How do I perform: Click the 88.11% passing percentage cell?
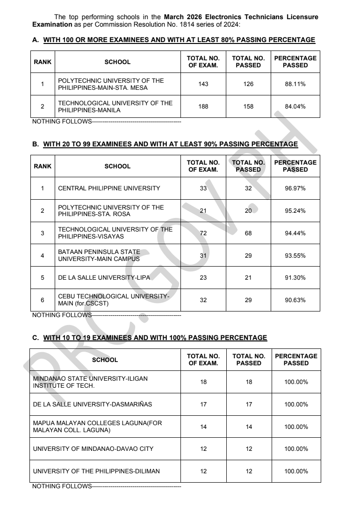point(295,84)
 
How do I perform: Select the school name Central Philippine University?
point(109,188)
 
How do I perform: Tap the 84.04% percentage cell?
point(295,107)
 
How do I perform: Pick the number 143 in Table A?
point(203,84)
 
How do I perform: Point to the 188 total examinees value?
point(203,107)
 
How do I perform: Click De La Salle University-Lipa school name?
point(104,278)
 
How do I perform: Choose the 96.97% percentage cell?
point(295,188)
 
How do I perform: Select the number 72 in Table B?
point(203,233)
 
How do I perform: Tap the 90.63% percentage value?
point(295,300)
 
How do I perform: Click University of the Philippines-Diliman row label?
point(96,471)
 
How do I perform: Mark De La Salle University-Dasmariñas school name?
point(93,405)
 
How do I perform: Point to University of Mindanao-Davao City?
point(93,449)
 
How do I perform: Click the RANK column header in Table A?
point(43,62)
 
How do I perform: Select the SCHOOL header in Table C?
point(105,360)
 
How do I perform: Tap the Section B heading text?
point(170,145)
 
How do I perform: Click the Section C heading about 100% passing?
point(155,338)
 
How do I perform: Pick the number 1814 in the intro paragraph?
point(198,24)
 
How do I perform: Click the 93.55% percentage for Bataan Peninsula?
point(295,255)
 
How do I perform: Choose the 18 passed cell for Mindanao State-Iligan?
point(249,382)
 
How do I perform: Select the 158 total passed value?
point(249,107)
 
